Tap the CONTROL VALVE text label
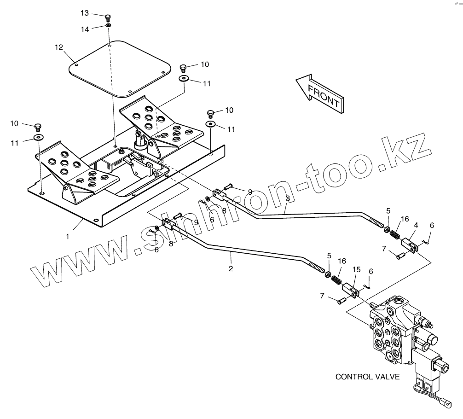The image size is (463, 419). coord(367,377)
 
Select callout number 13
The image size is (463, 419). coord(84,13)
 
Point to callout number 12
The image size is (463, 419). coord(58,47)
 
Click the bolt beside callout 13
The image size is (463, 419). coord(108,17)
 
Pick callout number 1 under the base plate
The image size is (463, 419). coord(67,236)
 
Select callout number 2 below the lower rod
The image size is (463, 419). coord(231,268)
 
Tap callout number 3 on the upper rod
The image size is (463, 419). coord(288,198)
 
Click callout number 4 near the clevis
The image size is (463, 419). coord(416,226)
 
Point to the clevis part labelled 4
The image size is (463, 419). coord(410,244)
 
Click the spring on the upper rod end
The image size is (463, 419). coord(394,234)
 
